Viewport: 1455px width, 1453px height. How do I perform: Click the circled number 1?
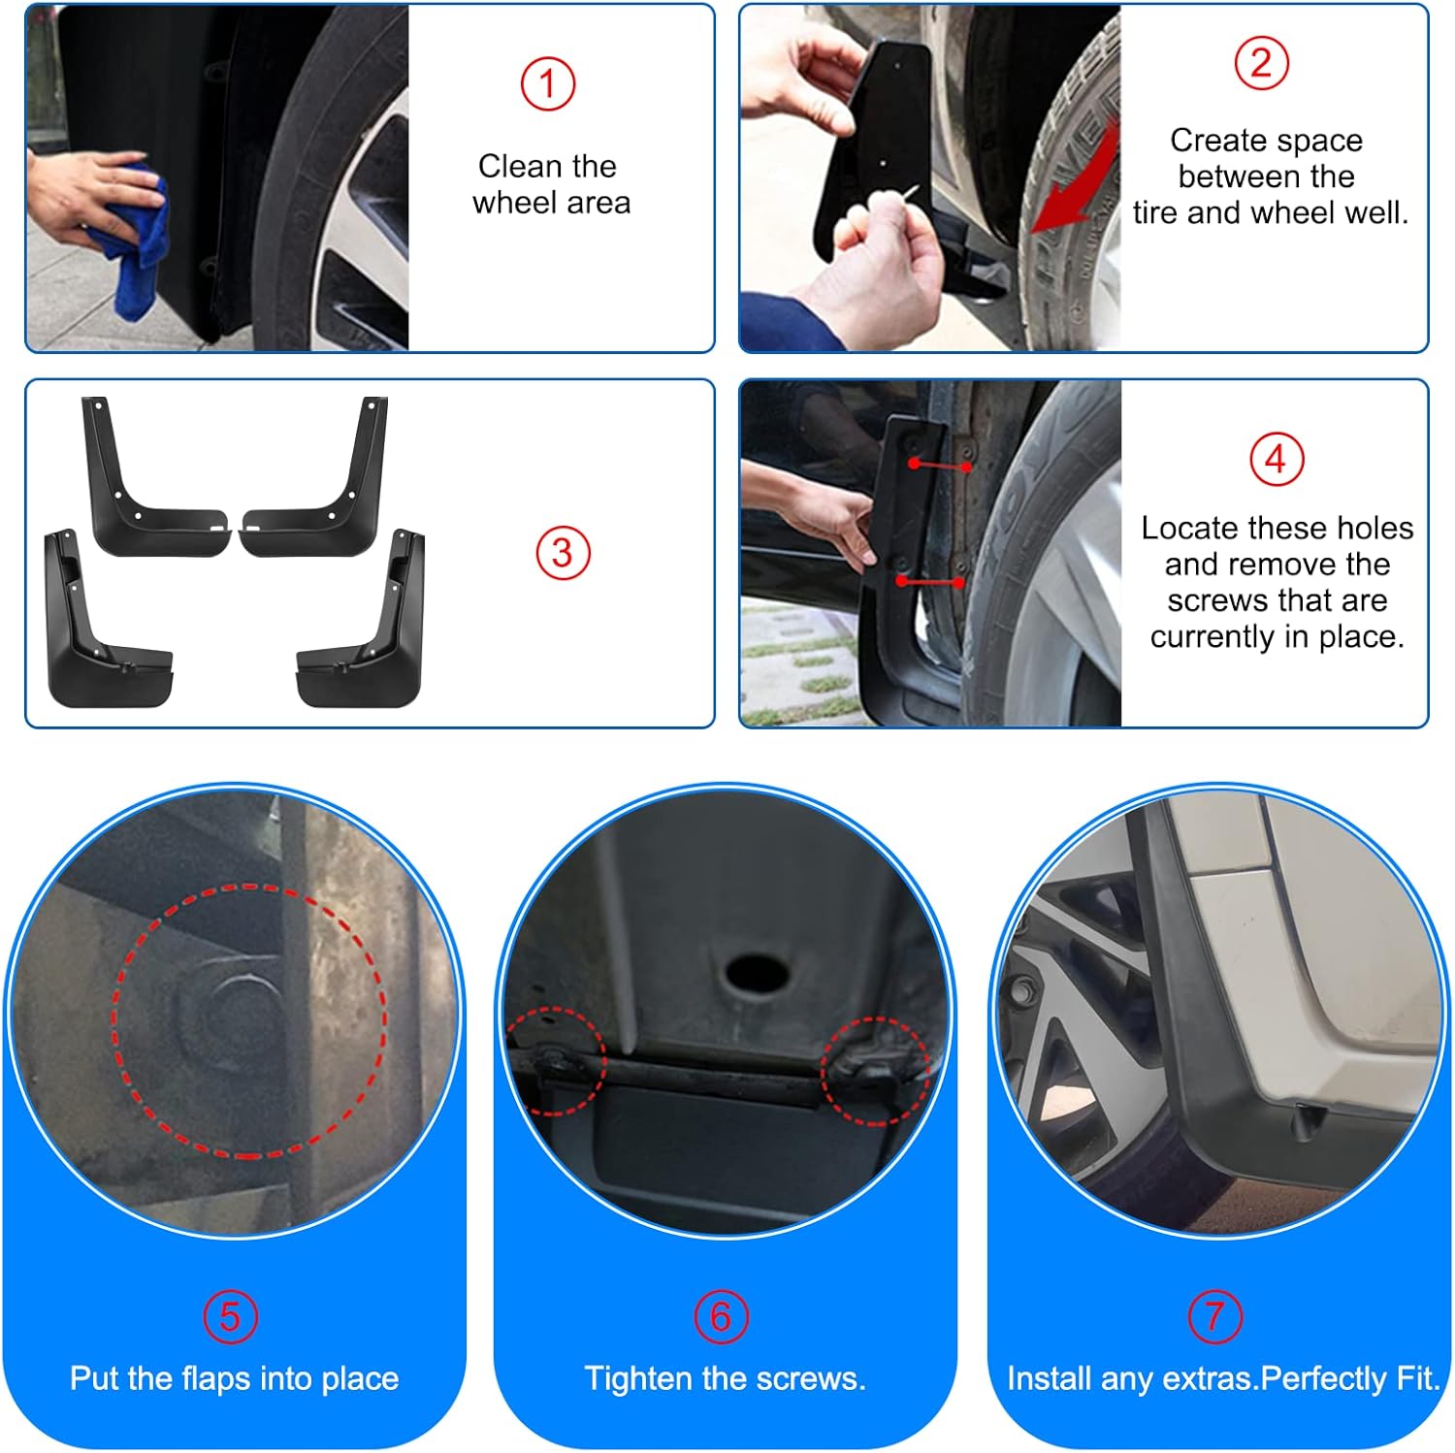point(548,84)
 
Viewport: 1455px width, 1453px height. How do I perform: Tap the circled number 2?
point(1261,63)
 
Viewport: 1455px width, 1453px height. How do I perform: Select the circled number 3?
point(563,553)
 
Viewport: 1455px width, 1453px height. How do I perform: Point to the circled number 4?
point(1277,459)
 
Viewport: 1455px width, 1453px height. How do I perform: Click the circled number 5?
point(231,1316)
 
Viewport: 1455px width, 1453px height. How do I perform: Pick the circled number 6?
point(722,1316)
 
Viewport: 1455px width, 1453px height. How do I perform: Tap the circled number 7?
point(1215,1316)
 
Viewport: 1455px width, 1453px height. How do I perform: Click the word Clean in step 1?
point(520,166)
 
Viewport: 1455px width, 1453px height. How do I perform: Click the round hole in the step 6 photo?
point(756,972)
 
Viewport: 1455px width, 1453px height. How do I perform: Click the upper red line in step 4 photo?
point(940,466)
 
